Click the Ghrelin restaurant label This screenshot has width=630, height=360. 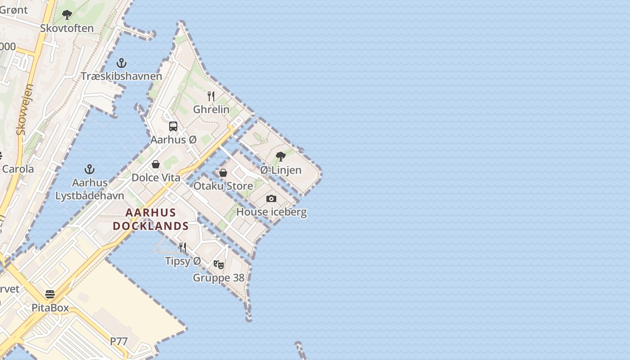pos(211,109)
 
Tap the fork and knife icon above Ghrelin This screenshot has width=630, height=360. pos(211,96)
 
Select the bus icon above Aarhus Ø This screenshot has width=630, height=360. pos(173,126)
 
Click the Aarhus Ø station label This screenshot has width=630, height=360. pos(173,139)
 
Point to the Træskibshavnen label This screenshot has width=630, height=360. pos(121,76)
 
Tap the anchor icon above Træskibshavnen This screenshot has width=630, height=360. pos(121,63)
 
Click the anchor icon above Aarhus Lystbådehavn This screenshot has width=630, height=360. pos(90,169)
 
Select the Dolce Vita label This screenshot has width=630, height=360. pos(156,178)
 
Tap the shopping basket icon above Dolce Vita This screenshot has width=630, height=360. pos(156,164)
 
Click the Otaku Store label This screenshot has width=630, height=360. pos(223,186)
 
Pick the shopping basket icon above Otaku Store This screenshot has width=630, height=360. pos(223,173)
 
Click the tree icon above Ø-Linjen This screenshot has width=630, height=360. pos(281,157)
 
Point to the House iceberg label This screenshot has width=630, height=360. pos(271,212)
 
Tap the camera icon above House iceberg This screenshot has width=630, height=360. pos(271,198)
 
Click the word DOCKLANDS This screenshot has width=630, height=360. pos(151,226)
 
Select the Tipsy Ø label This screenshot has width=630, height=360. pos(183,261)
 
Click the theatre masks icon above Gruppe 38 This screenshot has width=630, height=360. pos(219,265)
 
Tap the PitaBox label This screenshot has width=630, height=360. pos(50,308)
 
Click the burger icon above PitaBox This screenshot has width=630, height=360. pos(50,294)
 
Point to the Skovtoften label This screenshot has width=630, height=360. pos(67,28)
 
